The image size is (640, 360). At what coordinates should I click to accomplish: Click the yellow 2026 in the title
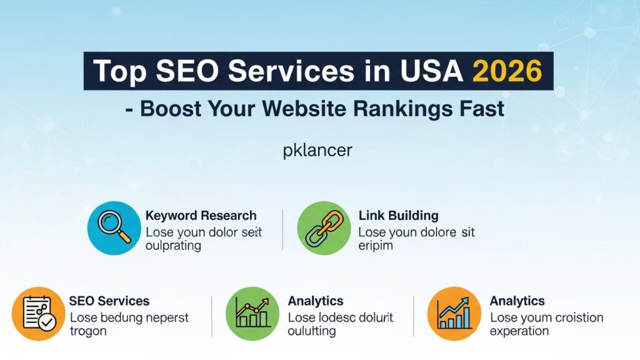[507, 71]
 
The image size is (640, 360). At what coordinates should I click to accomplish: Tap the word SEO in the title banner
[187, 71]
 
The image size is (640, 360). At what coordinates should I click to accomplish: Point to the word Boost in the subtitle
[171, 109]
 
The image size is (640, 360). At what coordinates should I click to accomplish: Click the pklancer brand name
[317, 151]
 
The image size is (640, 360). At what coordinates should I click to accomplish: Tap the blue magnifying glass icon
[114, 228]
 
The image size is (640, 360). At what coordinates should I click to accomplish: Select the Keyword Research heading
[201, 215]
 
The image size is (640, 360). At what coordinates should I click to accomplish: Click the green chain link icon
[324, 228]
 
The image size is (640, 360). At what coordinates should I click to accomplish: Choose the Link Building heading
[398, 215]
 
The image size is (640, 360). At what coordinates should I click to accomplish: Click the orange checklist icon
[38, 314]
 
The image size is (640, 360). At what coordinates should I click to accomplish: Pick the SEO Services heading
[109, 301]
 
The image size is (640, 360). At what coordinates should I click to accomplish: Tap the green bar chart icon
[252, 314]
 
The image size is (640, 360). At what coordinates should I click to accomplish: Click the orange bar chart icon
[454, 314]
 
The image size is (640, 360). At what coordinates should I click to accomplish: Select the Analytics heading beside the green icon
[316, 301]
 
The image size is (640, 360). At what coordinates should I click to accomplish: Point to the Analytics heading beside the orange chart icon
[517, 301]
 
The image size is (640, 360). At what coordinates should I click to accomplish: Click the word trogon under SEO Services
[88, 331]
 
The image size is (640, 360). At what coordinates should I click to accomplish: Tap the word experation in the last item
[519, 331]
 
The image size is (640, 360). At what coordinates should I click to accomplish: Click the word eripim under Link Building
[376, 245]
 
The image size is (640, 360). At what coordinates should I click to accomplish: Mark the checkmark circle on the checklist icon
[47, 322]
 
